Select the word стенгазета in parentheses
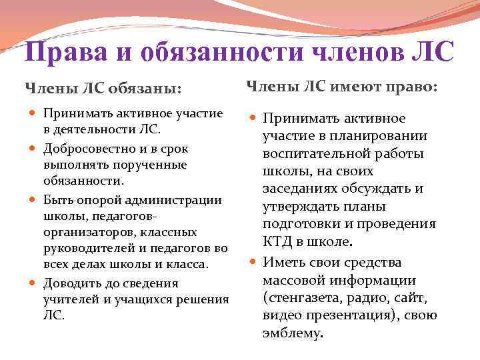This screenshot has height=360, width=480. tap(303, 297)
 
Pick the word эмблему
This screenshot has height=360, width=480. tap(292, 332)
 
